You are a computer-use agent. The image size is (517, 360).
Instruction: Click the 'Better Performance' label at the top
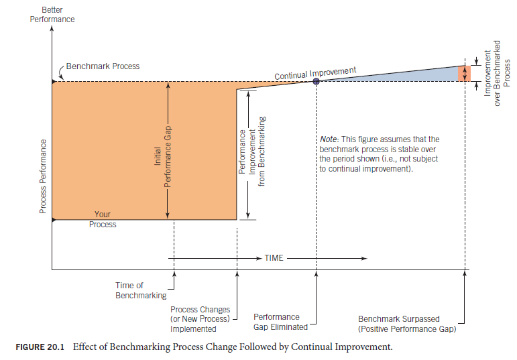coord(52,15)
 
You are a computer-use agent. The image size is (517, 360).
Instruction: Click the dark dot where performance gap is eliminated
coord(316,81)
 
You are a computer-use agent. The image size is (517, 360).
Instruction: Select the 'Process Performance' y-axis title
coord(43,176)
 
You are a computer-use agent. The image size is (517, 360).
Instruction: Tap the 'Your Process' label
coord(103,219)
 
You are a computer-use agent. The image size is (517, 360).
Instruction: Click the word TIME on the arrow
coord(274,258)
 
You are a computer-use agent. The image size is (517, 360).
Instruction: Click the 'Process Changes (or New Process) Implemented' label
coord(200,319)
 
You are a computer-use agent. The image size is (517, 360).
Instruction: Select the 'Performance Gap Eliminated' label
coord(280,322)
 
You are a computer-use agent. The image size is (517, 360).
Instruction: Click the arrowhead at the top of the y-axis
coord(52,31)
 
